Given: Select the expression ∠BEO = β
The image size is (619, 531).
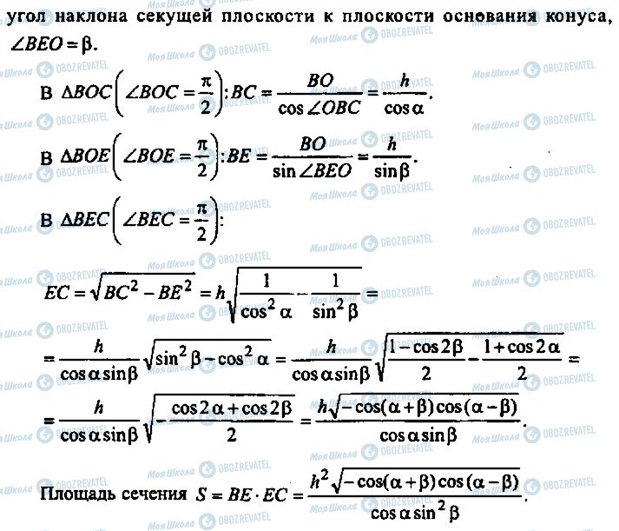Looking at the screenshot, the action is pyautogui.click(x=54, y=45).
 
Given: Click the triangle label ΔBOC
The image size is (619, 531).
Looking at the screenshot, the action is pyautogui.click(x=86, y=92).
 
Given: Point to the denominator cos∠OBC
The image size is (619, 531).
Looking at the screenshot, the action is pyautogui.click(x=319, y=108).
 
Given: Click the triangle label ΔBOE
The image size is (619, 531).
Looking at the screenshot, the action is pyautogui.click(x=84, y=156).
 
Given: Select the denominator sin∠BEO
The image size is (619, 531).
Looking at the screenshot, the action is pyautogui.click(x=312, y=171).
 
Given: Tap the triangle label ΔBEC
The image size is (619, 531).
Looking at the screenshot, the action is pyautogui.click(x=83, y=219).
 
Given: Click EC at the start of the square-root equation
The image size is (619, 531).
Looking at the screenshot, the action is pyautogui.click(x=56, y=293).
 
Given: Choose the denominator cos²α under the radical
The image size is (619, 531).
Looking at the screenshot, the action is pyautogui.click(x=266, y=310).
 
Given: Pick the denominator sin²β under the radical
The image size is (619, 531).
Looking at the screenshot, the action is pyautogui.click(x=335, y=310).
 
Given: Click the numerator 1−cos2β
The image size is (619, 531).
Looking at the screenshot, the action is pyautogui.click(x=426, y=348).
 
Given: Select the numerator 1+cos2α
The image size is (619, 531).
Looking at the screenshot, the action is pyautogui.click(x=522, y=348).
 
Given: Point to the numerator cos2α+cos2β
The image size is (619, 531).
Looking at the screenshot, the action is pyautogui.click(x=232, y=408).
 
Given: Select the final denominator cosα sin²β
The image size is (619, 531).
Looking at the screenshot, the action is pyautogui.click(x=415, y=513).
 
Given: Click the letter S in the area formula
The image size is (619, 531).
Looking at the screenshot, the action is pyautogui.click(x=201, y=494).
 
